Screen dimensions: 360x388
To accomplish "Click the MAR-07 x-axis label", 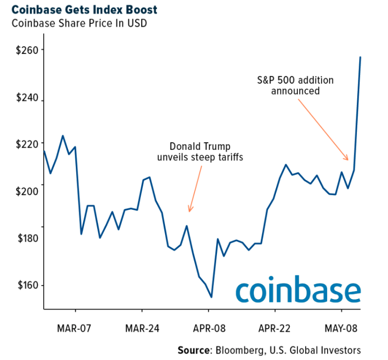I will (x=75, y=328).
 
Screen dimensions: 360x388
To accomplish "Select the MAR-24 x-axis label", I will (x=142, y=328).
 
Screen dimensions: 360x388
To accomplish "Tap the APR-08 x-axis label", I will (x=209, y=328).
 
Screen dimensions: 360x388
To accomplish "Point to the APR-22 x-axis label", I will (x=275, y=328).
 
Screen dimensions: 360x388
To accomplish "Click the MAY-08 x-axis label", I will (x=342, y=328).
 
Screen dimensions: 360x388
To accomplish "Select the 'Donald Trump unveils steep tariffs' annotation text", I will (x=200, y=152).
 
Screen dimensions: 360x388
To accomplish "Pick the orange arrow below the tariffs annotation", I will (x=195, y=188).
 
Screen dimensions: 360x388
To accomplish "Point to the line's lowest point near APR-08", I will (x=212, y=297).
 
